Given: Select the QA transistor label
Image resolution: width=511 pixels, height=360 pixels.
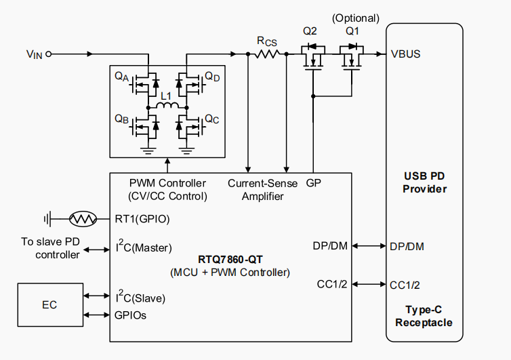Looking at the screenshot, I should (x=122, y=77).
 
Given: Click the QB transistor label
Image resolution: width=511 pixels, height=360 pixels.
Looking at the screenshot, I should (x=122, y=119).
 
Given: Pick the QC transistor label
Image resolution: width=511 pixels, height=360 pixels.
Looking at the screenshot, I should (x=211, y=119).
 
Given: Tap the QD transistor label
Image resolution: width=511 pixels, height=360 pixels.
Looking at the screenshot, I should (x=212, y=77).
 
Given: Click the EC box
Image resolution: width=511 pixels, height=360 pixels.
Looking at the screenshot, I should (x=49, y=305).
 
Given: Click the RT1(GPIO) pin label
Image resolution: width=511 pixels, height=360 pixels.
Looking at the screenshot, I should (x=142, y=219).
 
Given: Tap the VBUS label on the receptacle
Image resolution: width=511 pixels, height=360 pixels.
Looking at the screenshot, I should (x=406, y=54).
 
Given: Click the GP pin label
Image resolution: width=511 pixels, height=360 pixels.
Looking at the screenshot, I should (x=313, y=183).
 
